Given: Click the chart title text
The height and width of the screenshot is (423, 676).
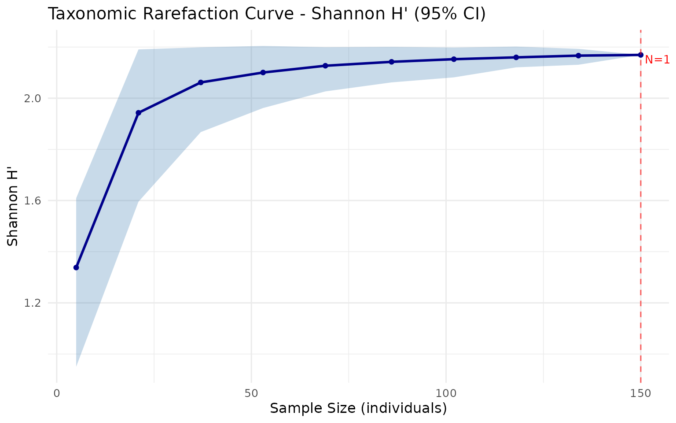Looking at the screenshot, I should [x=267, y=14].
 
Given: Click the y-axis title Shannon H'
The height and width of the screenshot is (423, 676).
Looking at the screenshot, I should [x=13, y=215].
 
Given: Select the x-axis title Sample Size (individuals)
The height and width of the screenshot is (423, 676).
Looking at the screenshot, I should [x=358, y=408].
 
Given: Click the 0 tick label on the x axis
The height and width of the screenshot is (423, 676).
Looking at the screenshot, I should [x=57, y=393].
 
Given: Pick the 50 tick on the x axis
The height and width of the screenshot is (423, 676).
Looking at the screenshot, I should [x=251, y=393].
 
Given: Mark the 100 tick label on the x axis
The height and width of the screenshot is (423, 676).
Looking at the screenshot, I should [x=446, y=393].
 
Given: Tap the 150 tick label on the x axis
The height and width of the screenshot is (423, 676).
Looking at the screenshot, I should [x=640, y=393].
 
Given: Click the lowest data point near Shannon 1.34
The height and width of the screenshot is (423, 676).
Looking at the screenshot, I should [x=76, y=267].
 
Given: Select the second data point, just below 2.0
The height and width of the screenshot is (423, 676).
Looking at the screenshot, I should [x=138, y=113].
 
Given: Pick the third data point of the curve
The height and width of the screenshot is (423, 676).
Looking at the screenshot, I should [x=201, y=82].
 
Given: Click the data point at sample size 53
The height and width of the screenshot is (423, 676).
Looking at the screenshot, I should [x=263, y=72].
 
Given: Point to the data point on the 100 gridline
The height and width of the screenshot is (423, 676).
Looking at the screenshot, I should [x=454, y=59].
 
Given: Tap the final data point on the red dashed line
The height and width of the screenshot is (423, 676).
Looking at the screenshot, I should [x=641, y=55].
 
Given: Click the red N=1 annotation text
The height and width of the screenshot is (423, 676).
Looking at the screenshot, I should [x=657, y=59].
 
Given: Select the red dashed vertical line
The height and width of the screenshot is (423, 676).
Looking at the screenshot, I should [x=640, y=220].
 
